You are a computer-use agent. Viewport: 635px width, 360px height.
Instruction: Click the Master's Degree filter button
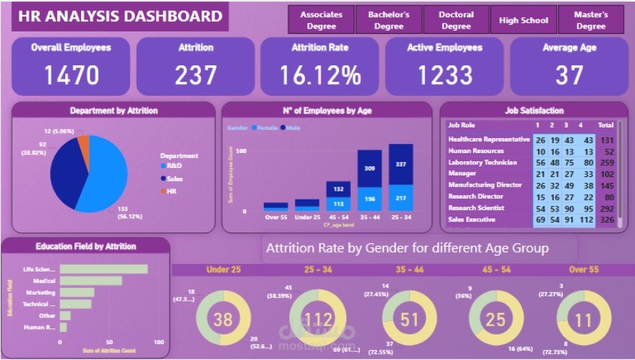click(591, 20)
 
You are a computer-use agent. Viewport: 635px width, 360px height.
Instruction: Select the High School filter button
click(523, 20)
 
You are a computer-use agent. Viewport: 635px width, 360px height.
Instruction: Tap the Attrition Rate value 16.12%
click(321, 75)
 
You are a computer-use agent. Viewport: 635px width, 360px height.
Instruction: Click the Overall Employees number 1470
click(71, 75)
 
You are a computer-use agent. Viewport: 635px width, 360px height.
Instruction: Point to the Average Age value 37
click(570, 75)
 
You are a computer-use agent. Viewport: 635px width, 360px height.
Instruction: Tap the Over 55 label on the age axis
click(276, 217)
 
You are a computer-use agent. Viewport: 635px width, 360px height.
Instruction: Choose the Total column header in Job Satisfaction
click(606, 125)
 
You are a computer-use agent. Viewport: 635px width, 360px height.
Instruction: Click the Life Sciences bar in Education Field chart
click(104, 269)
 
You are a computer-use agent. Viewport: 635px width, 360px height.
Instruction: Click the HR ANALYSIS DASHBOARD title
click(120, 16)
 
